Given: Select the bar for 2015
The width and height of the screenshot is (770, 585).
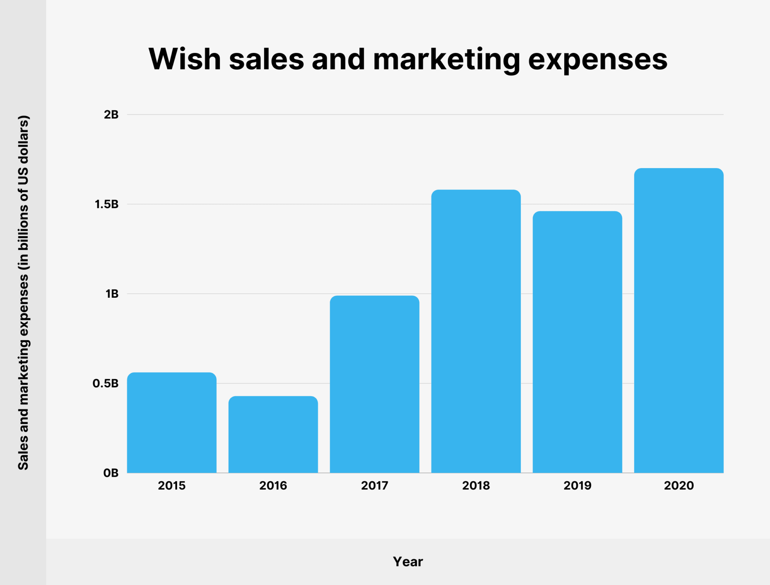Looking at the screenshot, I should tap(171, 423).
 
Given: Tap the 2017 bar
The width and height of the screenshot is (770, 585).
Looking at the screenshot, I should tap(374, 384).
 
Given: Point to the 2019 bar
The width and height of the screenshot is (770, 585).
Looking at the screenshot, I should tap(577, 342).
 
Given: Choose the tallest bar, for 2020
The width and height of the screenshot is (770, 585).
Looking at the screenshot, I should tap(679, 320).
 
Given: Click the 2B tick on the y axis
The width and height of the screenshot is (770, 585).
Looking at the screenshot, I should tap(111, 115).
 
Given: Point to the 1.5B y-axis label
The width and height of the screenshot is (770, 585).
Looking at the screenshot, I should tap(106, 205).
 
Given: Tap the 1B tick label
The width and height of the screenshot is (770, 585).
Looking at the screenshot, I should tap(112, 294).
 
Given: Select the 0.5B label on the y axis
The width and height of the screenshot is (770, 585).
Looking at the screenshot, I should tap(106, 383).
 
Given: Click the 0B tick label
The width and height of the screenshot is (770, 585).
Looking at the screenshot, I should tap(111, 473).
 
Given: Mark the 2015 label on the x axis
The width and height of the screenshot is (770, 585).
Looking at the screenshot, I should tap(171, 486).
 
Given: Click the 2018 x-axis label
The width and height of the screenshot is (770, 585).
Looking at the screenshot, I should tap(476, 486).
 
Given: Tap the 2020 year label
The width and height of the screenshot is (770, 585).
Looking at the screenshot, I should tap(679, 486).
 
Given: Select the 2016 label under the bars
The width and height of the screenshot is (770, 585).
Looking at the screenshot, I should tap(273, 486).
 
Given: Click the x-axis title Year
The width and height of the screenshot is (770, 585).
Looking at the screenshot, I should tap(408, 562).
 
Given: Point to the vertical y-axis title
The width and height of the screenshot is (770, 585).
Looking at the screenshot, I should tap(23, 292).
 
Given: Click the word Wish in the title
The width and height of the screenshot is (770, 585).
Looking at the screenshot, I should tap(185, 59).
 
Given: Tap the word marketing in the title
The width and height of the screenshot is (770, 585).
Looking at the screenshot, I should tap(446, 59).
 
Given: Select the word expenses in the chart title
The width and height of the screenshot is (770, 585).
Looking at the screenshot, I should tap(597, 59).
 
